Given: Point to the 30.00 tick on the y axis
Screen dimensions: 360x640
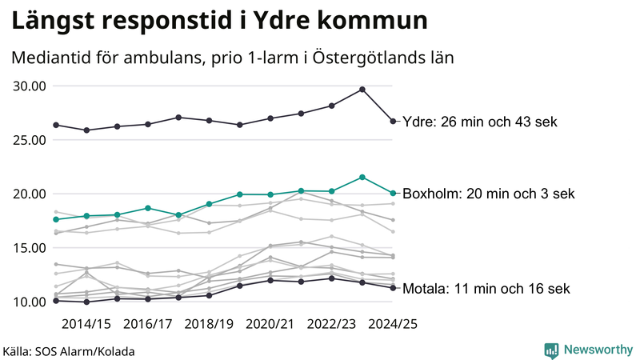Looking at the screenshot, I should click(x=27, y=86).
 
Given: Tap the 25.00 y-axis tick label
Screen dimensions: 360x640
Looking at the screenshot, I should click(x=27, y=140).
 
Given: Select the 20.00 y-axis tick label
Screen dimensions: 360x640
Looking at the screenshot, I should click(x=27, y=194).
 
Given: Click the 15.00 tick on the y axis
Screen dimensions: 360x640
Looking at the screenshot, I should click(x=27, y=248).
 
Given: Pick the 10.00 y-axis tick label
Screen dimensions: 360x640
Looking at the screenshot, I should click(x=27, y=302).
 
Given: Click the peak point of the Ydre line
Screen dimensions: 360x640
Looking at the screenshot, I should click(x=362, y=90).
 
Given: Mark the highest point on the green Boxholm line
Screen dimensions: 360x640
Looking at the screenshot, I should click(x=362, y=177).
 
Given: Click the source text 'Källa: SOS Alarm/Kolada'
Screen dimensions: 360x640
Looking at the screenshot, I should click(x=69, y=350).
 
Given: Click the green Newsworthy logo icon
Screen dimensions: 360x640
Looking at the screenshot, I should click(x=551, y=350).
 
